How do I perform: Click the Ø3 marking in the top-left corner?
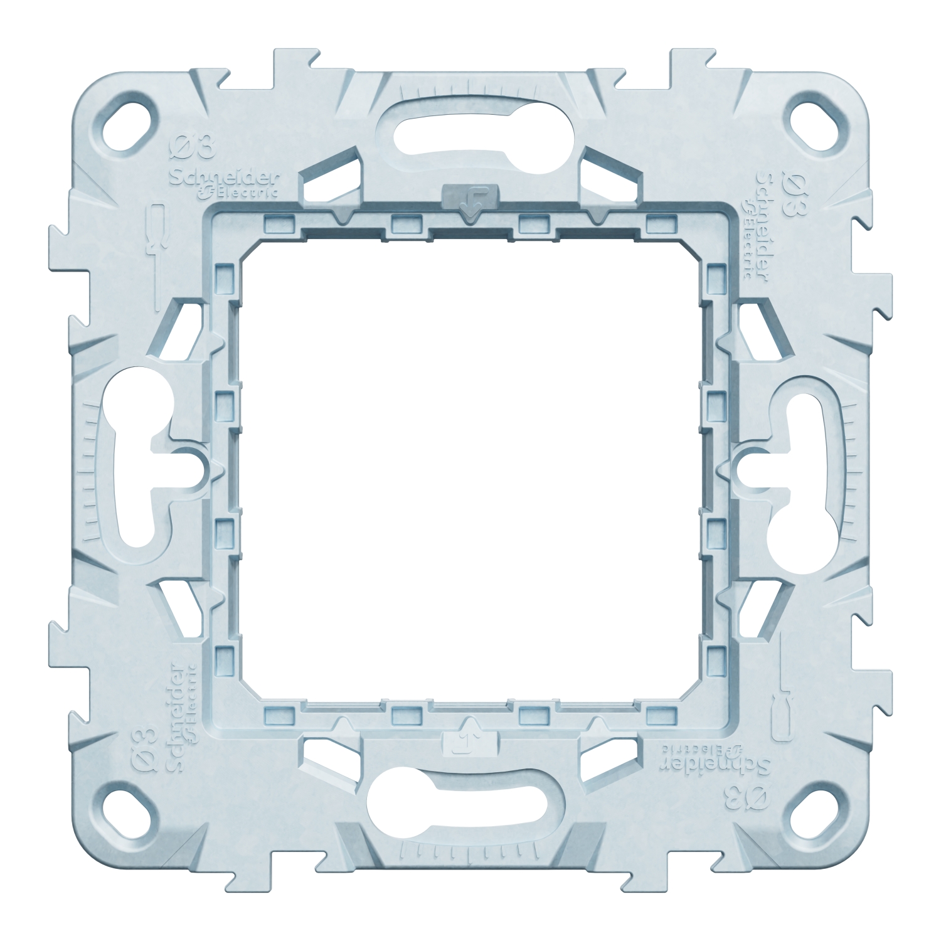click(x=193, y=151)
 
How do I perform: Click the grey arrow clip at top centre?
click(x=469, y=197)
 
